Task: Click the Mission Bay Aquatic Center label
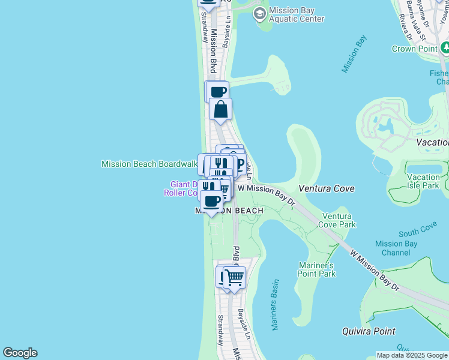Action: click(x=297, y=15)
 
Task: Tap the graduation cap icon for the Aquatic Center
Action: click(x=260, y=14)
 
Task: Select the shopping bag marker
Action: click(x=221, y=110)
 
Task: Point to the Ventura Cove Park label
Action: click(x=339, y=220)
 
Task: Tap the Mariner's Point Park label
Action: click(x=316, y=269)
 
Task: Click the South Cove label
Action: click(x=417, y=230)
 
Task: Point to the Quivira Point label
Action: click(x=369, y=331)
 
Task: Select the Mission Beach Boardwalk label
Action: click(x=149, y=164)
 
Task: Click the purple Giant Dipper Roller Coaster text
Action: click(x=183, y=188)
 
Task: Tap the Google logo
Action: click(x=20, y=353)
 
